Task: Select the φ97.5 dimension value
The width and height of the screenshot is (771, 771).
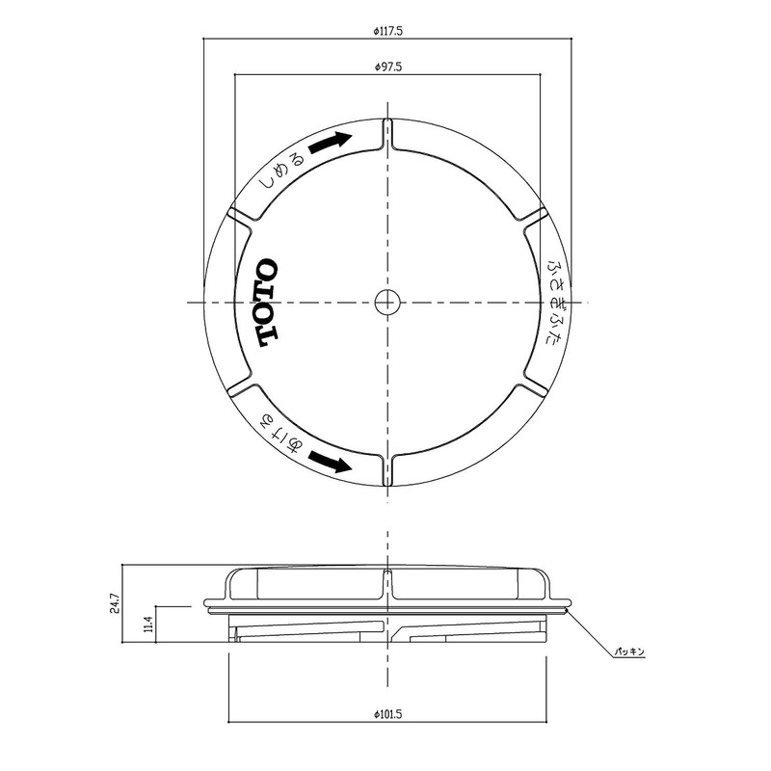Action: click(x=387, y=67)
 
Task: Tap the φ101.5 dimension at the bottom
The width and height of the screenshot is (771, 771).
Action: click(x=387, y=714)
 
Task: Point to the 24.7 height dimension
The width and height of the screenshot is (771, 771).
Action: click(x=115, y=604)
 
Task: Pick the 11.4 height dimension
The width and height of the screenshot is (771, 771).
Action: click(x=147, y=626)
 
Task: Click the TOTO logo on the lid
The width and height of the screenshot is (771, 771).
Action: click(x=267, y=303)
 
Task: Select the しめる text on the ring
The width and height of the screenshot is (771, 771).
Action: click(x=280, y=169)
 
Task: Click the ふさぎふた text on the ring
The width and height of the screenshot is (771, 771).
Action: click(x=557, y=302)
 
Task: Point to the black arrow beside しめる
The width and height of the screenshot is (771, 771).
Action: click(x=331, y=142)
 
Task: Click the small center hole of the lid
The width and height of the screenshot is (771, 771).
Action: click(x=386, y=302)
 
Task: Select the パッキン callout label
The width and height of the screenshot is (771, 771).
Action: click(x=631, y=651)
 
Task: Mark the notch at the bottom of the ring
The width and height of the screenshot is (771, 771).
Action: click(x=386, y=465)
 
